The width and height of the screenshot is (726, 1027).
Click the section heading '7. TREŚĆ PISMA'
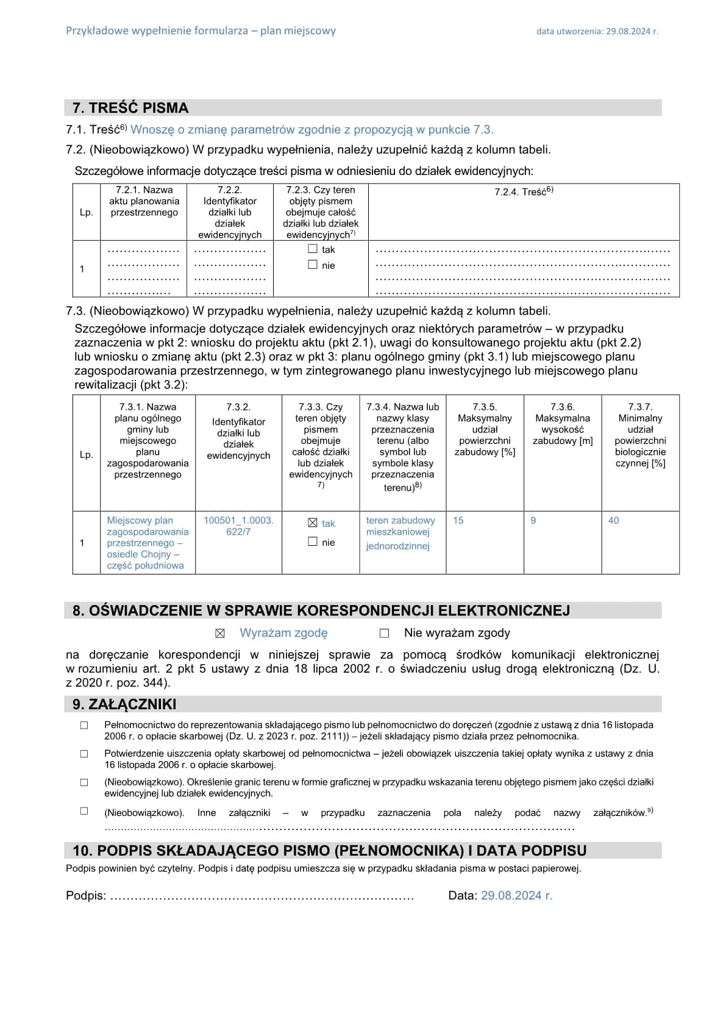(x=130, y=108)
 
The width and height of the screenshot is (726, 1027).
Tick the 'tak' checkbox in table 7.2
(x=313, y=249)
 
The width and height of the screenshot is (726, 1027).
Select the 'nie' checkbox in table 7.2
(x=313, y=265)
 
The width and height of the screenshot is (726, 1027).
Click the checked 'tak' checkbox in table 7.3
(x=313, y=523)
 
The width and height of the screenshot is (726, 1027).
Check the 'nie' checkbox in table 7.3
(x=313, y=542)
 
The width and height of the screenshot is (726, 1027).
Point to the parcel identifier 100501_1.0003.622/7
(x=238, y=526)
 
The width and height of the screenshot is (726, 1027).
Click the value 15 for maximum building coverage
(x=458, y=520)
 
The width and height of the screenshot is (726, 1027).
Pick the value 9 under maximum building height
(x=533, y=520)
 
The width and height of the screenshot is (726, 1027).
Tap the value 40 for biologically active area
(x=613, y=520)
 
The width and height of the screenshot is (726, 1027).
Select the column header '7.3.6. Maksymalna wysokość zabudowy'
(x=562, y=424)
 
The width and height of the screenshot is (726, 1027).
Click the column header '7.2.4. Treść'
(x=524, y=191)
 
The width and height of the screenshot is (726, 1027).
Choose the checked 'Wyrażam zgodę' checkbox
(x=220, y=634)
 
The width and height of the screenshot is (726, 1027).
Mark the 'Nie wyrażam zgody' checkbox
(x=384, y=634)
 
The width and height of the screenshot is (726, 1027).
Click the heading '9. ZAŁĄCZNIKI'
(x=124, y=704)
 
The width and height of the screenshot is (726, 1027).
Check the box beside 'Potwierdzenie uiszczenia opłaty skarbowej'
(x=84, y=754)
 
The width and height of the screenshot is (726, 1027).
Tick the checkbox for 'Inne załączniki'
(x=84, y=811)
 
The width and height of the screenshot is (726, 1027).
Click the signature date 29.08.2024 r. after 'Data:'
(x=516, y=895)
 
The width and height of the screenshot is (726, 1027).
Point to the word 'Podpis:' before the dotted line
(x=86, y=895)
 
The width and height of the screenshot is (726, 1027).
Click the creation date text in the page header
(x=597, y=31)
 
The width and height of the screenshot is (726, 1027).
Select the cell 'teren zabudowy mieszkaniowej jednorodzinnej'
(x=400, y=533)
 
